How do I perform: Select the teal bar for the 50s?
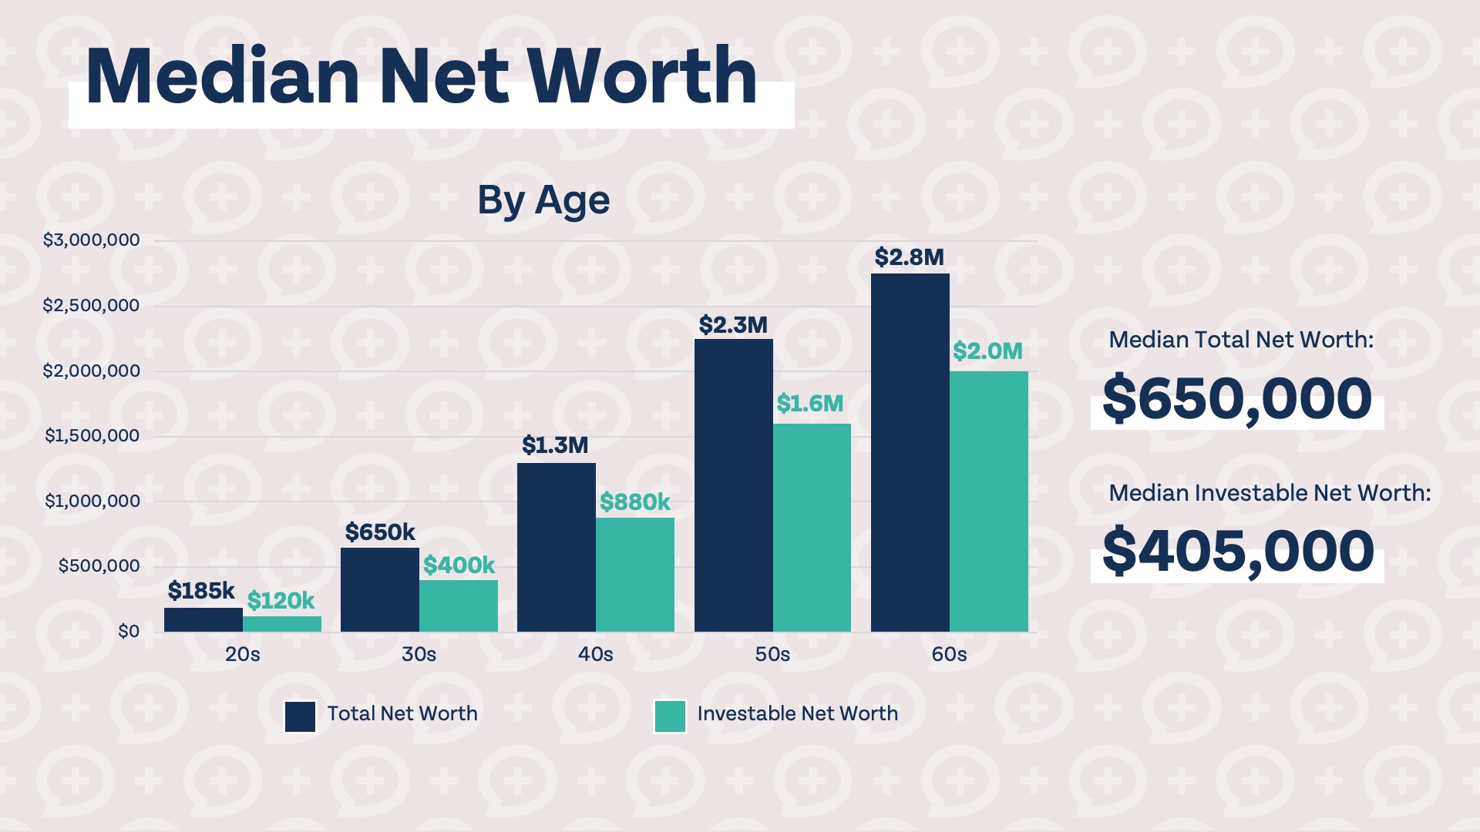(812, 528)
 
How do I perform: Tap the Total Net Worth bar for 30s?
(380, 589)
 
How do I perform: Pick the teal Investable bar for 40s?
(635, 575)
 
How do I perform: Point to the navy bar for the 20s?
(203, 620)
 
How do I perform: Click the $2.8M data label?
(909, 257)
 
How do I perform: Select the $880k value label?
(635, 502)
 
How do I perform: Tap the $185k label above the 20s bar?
(201, 591)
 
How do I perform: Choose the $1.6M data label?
(809, 404)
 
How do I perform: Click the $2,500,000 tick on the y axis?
(91, 306)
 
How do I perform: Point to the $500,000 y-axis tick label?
(99, 566)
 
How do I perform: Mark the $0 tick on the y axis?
(129, 632)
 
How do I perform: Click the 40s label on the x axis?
(595, 655)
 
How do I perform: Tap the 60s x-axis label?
(949, 655)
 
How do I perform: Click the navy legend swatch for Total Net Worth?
(300, 716)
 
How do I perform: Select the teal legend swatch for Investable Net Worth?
(670, 716)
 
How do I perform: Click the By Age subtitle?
(543, 200)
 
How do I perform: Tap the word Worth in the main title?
(644, 77)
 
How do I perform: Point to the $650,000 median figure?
(1237, 399)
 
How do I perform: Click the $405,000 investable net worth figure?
(1238, 552)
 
